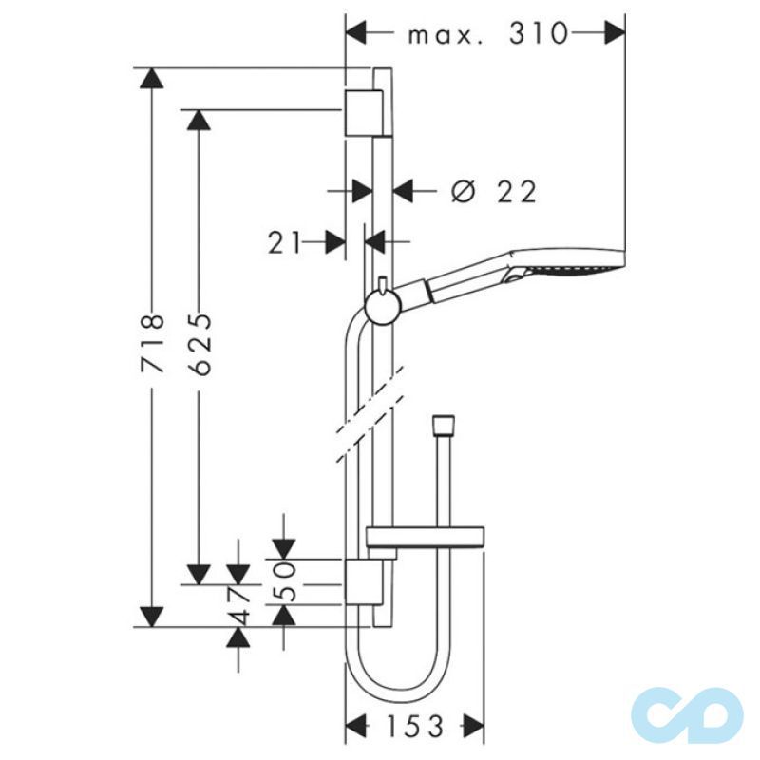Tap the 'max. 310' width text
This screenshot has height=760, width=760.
[486, 35]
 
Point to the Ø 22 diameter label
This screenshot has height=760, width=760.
[494, 192]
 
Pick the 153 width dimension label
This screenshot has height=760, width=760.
[414, 727]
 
